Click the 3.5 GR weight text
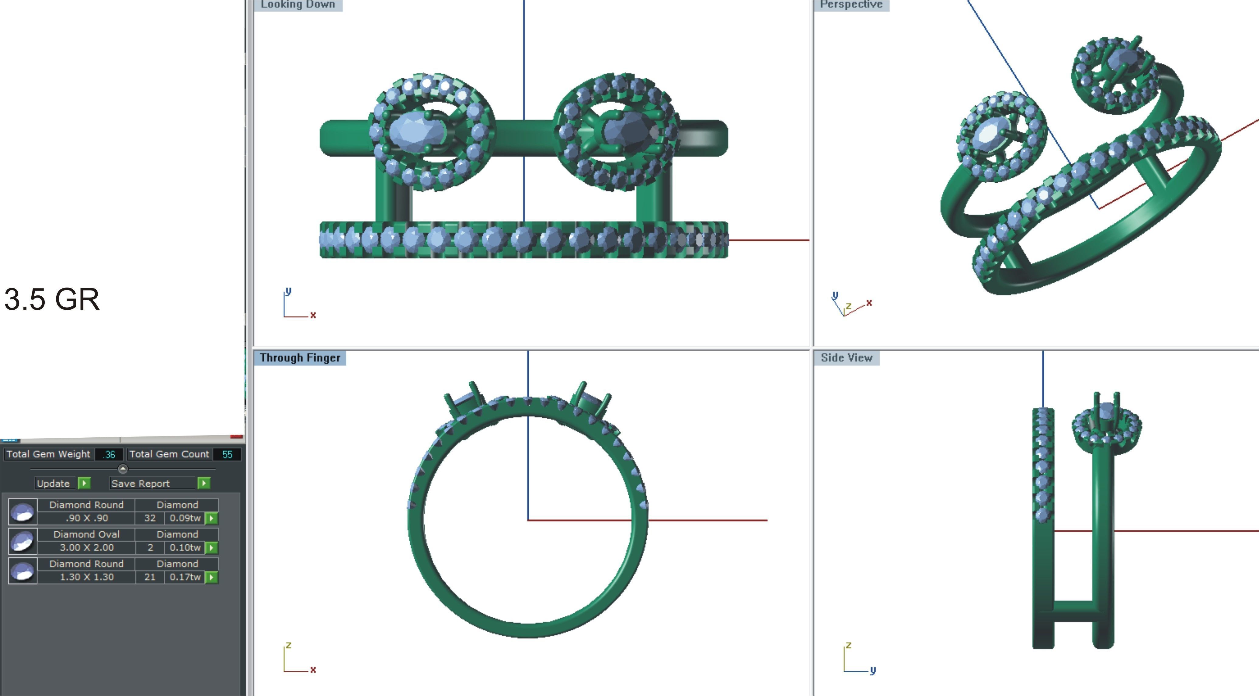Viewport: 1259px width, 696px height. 52,299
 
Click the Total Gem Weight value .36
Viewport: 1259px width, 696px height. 109,454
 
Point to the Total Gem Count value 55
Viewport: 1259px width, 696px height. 227,454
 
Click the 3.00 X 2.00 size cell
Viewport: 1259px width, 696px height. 86,547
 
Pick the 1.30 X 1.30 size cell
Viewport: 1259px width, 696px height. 86,577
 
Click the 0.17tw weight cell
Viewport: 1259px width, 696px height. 185,577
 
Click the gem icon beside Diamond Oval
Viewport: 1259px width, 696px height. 23,541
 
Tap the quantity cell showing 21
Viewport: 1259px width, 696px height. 150,577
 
